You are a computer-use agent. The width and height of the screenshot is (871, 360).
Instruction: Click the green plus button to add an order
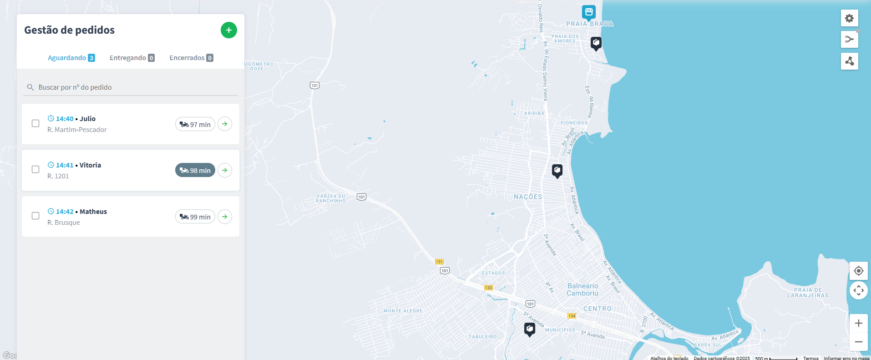[229, 30]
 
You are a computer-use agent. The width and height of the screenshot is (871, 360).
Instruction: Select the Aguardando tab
[71, 58]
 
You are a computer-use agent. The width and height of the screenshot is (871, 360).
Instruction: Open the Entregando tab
[132, 58]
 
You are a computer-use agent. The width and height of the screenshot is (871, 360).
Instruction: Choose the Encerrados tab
[191, 58]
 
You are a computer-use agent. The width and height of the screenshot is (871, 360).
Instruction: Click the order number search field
[132, 87]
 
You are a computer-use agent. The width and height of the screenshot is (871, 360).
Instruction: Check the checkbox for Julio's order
[35, 123]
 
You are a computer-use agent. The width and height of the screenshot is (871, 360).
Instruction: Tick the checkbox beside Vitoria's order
[35, 169]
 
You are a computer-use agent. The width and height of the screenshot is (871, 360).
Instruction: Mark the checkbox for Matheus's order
[35, 216]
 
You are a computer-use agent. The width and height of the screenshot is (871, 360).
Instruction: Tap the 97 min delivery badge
[195, 124]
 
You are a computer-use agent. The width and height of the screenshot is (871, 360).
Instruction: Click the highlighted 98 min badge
[195, 170]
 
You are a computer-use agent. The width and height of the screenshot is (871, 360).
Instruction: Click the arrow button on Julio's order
[225, 124]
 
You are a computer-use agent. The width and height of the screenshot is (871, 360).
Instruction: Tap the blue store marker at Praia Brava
[589, 12]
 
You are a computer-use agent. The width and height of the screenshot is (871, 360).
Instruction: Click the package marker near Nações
[557, 171]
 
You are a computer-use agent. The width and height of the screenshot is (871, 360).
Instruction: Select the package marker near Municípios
[529, 329]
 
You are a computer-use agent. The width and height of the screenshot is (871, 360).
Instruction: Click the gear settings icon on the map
[849, 19]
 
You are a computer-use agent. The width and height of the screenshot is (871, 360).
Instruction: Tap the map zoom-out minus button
[859, 342]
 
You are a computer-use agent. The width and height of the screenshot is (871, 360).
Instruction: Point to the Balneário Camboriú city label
[582, 289]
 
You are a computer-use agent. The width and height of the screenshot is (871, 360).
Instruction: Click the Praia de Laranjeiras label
[808, 293]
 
